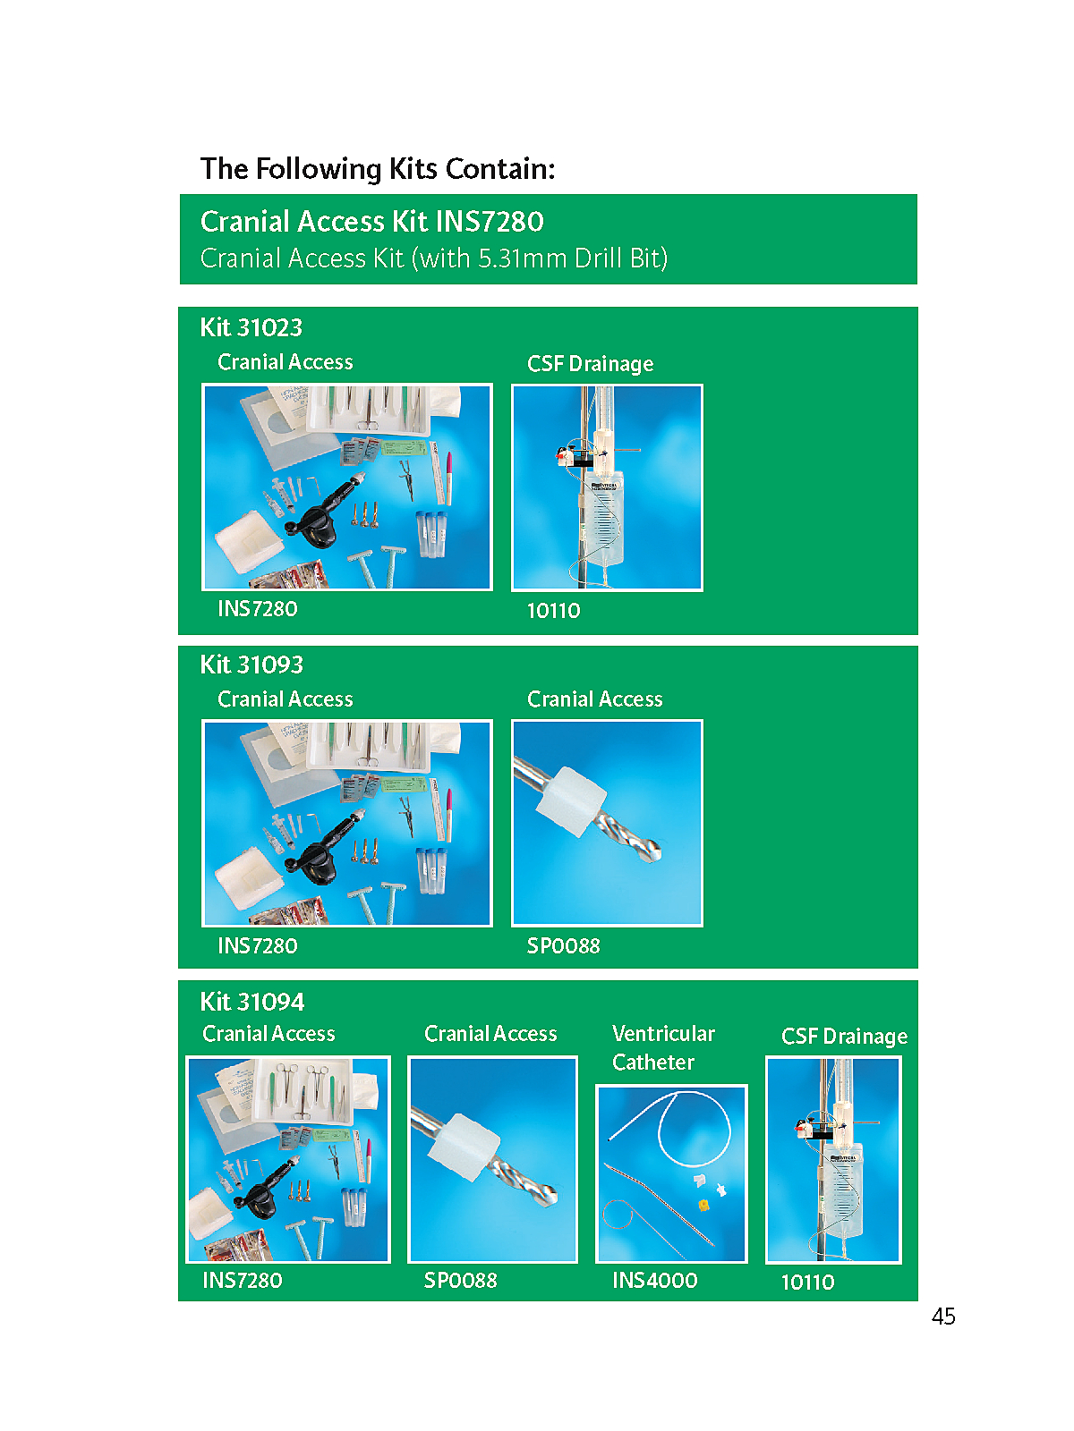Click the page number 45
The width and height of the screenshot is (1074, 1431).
point(943,1316)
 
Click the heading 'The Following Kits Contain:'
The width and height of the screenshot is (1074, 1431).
point(378,169)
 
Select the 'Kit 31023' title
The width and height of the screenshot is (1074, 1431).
point(251,327)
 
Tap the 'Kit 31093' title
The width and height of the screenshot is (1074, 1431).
point(251,665)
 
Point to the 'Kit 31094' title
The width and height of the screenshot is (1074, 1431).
point(251,1002)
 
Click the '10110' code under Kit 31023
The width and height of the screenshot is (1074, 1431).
point(553,610)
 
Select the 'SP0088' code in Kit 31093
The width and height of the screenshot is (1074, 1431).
point(564,945)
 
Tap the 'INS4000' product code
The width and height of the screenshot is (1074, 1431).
point(655,1280)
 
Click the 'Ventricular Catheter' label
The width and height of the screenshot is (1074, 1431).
point(663,1047)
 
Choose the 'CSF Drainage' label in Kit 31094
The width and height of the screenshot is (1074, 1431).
point(845,1036)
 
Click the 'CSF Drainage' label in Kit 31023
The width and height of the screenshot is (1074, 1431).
point(590,363)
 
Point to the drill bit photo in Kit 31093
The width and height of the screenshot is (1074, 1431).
point(607,823)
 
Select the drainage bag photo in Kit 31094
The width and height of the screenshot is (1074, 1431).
point(833,1160)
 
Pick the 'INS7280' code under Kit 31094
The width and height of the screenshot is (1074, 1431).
point(242,1280)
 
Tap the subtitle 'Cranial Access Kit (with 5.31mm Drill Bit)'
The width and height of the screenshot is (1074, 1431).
point(434,258)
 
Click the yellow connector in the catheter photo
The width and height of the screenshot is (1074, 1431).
point(703,1205)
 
